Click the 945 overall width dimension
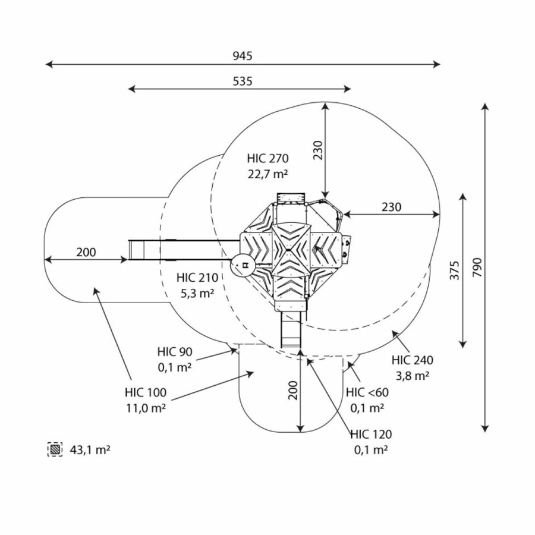[x=243, y=56]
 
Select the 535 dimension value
[x=243, y=81]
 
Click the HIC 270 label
[x=267, y=159]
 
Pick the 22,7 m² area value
[x=268, y=174]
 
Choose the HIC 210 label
[x=197, y=277]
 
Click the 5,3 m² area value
[x=197, y=292]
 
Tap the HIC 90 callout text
[x=175, y=352]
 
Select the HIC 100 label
[x=145, y=393]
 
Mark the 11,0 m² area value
[x=145, y=408]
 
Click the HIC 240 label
[x=413, y=360]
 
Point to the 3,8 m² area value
[x=413, y=376]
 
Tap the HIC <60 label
[x=367, y=392]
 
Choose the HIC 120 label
[x=371, y=435]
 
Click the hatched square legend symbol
[x=55, y=450]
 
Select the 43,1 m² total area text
[x=90, y=450]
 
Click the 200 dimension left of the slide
[x=86, y=252]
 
